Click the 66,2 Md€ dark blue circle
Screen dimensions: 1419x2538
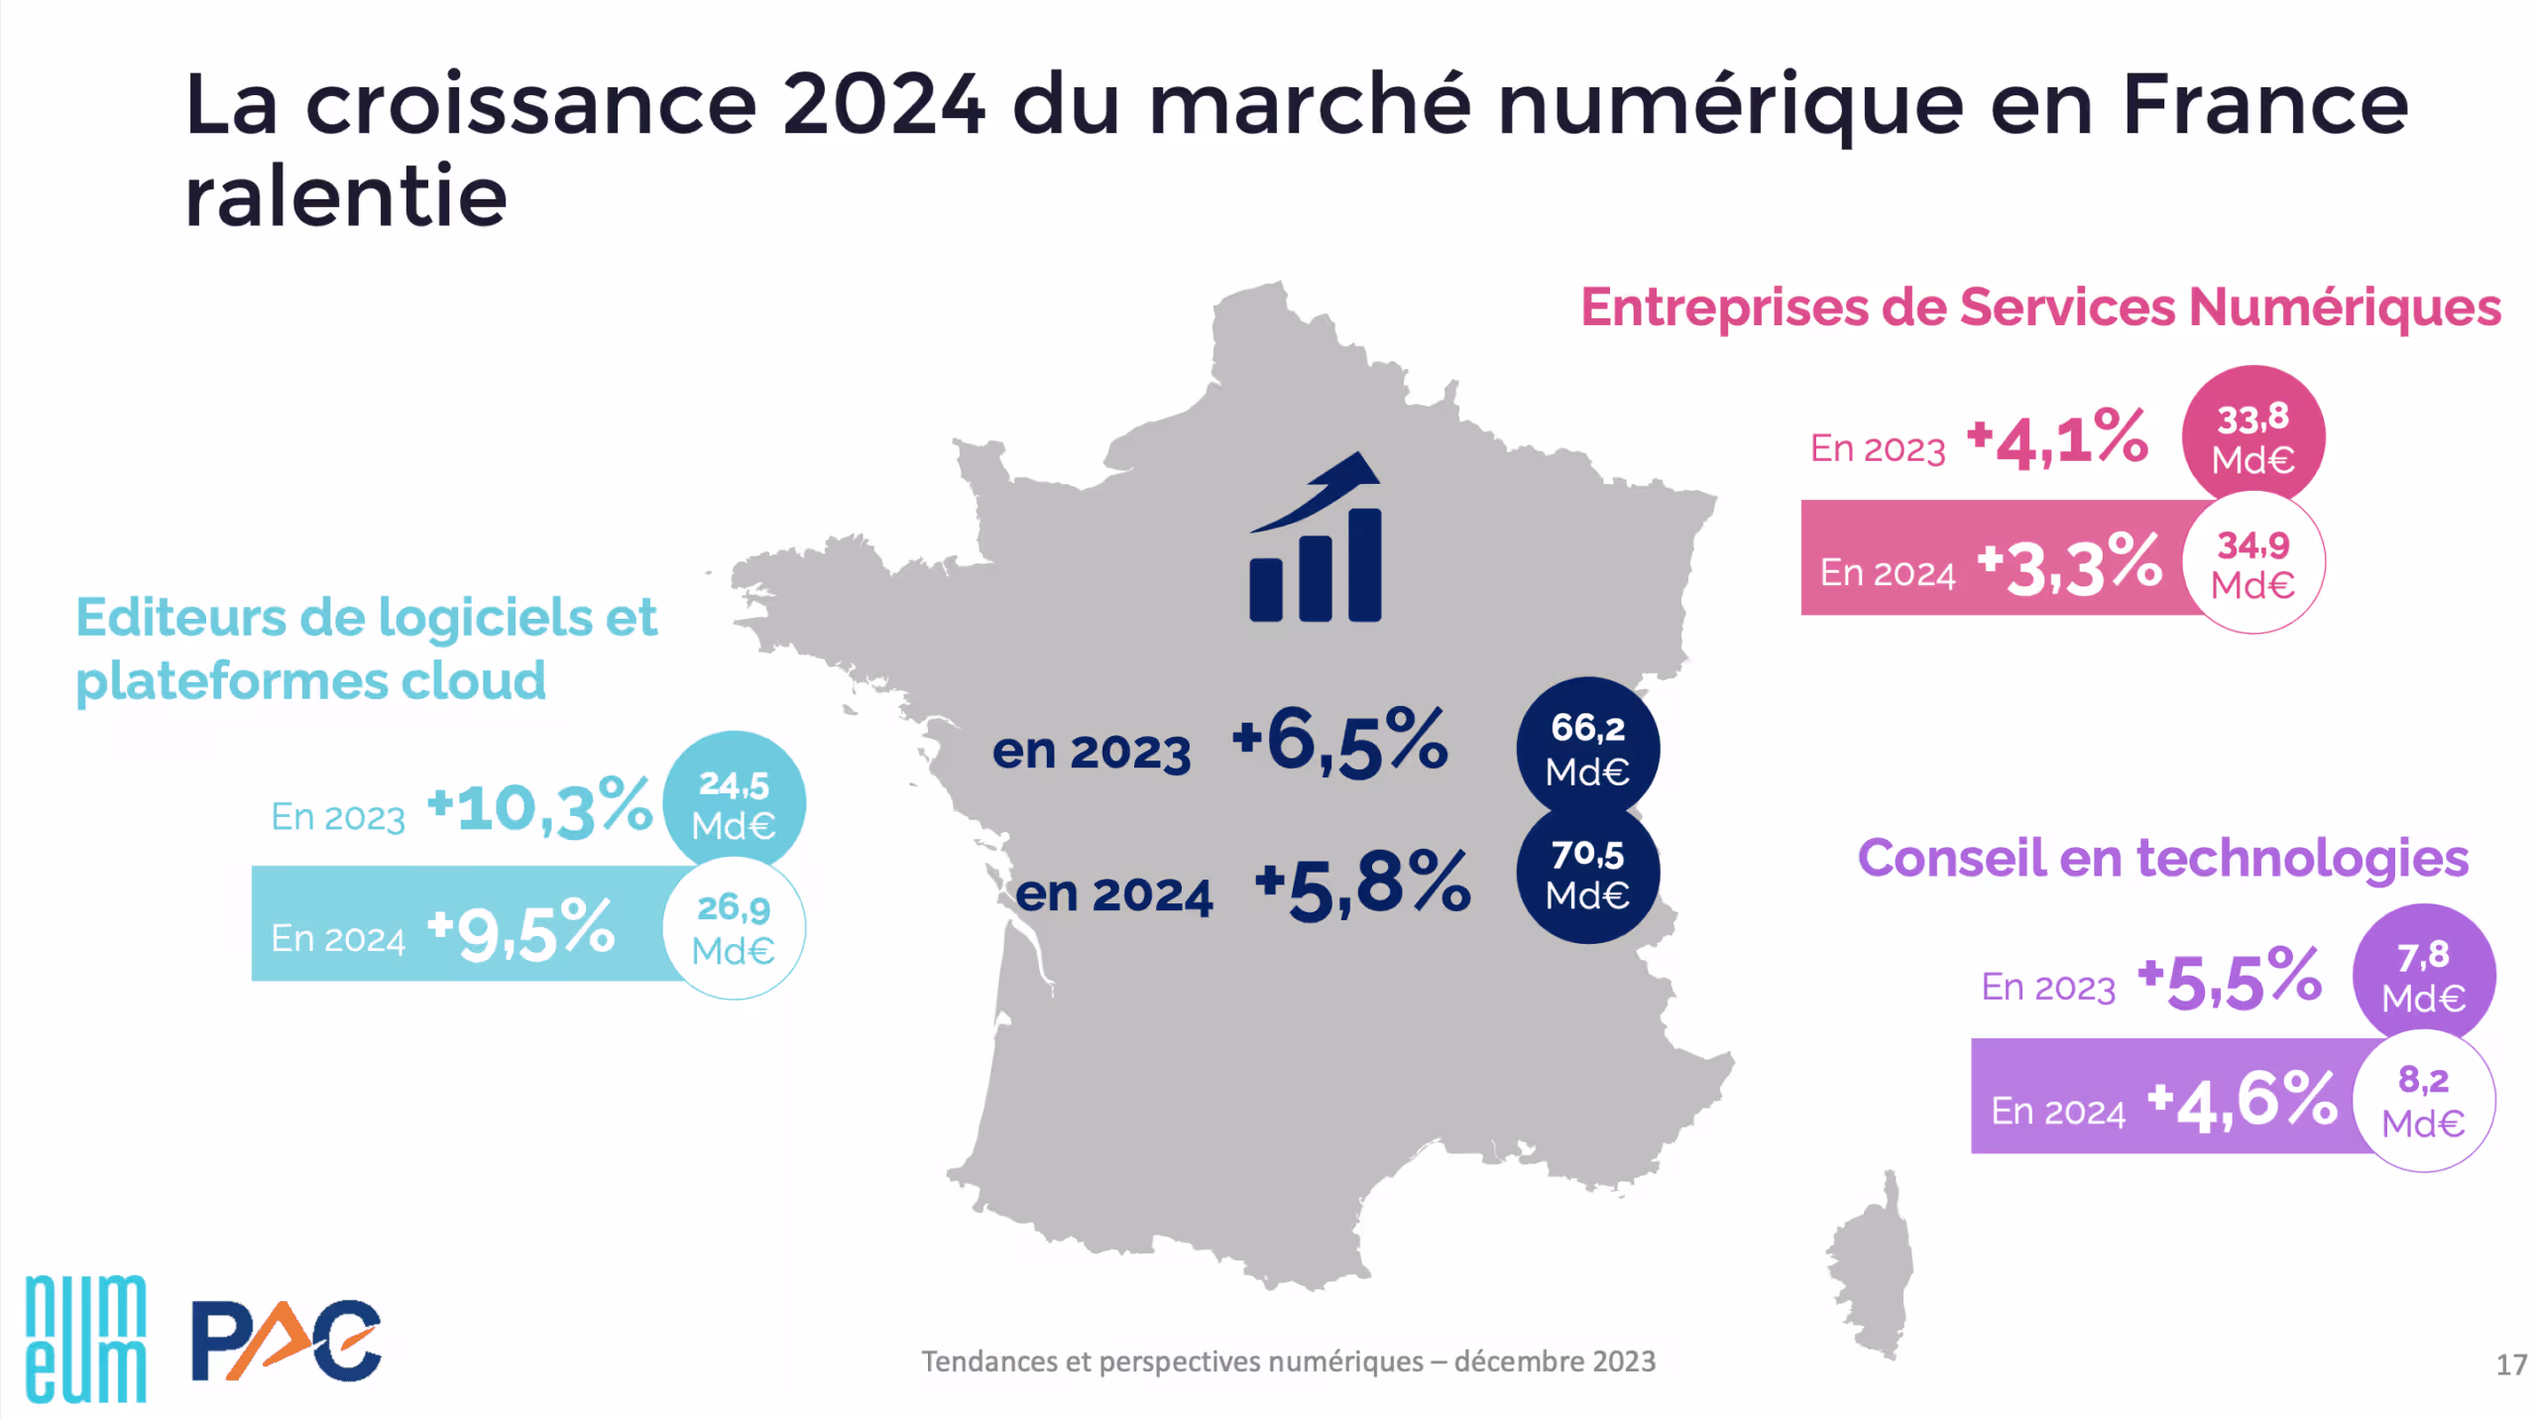pos(1587,749)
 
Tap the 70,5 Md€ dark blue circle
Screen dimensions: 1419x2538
pos(1587,874)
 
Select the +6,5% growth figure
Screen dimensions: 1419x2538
pos(1339,742)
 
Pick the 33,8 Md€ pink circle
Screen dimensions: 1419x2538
pos(2252,437)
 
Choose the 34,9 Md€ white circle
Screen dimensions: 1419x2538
pos(2252,563)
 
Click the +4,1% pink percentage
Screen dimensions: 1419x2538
pos(2058,438)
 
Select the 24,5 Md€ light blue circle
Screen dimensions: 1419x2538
pos(734,803)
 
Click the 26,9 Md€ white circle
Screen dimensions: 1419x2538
pos(734,928)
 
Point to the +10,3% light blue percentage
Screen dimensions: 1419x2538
pos(540,807)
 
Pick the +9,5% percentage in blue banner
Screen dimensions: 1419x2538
pos(521,930)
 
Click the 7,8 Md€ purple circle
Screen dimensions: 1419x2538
pos(2423,975)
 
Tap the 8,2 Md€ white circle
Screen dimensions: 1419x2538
pos(2423,1101)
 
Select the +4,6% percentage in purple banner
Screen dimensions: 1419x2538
pos(2243,1101)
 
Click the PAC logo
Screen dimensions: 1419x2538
pos(286,1341)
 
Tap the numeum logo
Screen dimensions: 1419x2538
pos(85,1339)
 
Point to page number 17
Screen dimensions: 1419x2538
pos(2511,1365)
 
